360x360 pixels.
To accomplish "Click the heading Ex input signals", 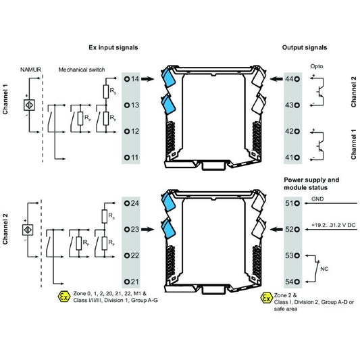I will (x=113, y=48).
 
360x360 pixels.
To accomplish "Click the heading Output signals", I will (x=305, y=48).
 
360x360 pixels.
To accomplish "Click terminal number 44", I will (x=292, y=79).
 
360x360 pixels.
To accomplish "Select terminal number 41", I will (x=292, y=157).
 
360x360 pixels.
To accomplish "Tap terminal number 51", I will (x=292, y=203).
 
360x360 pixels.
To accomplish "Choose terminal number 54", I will (x=292, y=281).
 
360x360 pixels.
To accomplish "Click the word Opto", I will (x=317, y=67).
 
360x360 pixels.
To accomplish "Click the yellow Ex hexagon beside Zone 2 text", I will (x=267, y=297).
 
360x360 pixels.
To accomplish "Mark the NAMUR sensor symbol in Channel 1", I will (x=28, y=105).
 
